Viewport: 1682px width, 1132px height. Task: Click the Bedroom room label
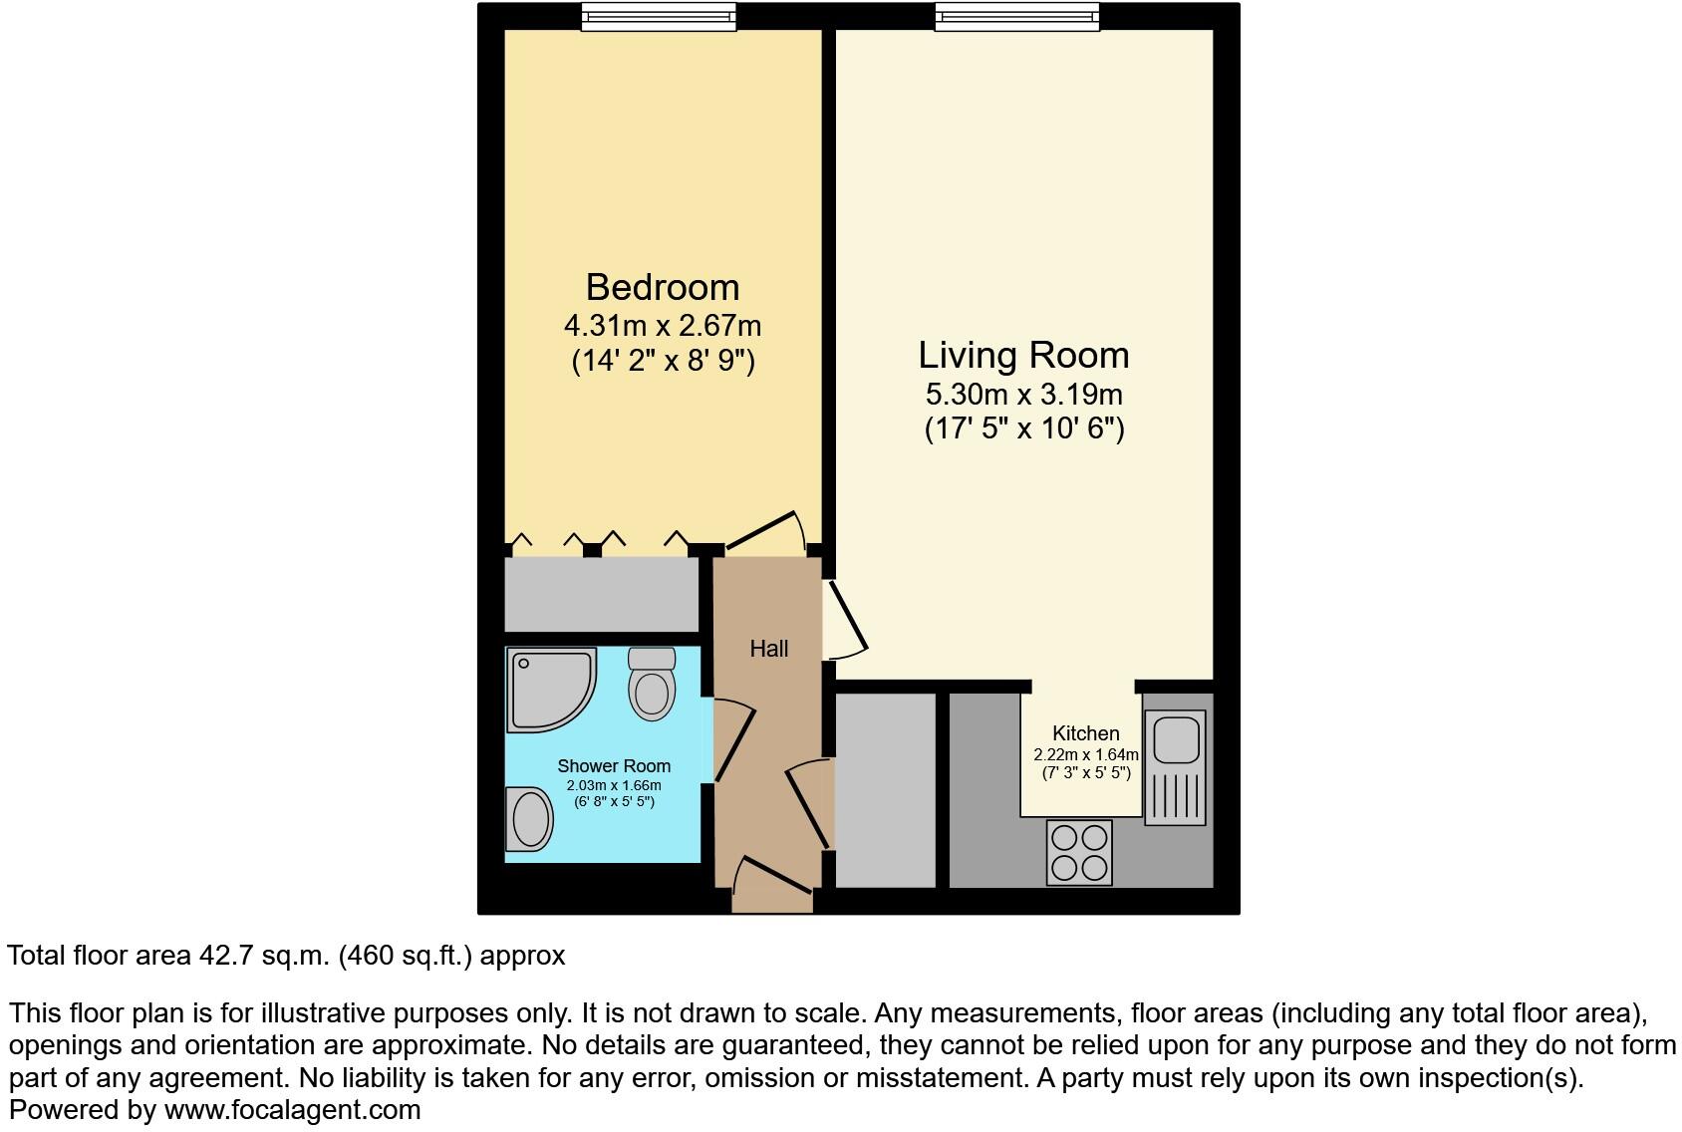[663, 287]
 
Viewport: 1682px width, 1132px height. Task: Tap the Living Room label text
[1023, 355]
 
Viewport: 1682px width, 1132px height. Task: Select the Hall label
[769, 649]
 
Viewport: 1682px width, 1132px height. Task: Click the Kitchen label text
[1085, 733]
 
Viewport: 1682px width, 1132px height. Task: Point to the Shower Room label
[614, 766]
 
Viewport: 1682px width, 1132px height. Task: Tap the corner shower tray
[549, 689]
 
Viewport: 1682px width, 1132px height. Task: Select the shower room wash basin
[529, 819]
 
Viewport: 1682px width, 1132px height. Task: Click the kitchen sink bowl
[1176, 738]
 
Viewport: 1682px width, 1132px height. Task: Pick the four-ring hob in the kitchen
[1079, 852]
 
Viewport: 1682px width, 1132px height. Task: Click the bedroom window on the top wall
[659, 16]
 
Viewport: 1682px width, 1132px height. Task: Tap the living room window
[1017, 16]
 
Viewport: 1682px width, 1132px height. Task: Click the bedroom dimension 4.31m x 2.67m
[663, 325]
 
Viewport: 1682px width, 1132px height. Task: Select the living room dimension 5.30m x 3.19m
[1023, 394]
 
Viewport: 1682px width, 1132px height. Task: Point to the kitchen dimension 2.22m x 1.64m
[1085, 755]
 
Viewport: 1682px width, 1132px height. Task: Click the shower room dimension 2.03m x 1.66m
[614, 785]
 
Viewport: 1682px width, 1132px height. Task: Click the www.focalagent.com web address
[292, 1109]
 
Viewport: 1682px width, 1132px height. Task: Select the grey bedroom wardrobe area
[602, 594]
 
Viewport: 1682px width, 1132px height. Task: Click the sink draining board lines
[1176, 796]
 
